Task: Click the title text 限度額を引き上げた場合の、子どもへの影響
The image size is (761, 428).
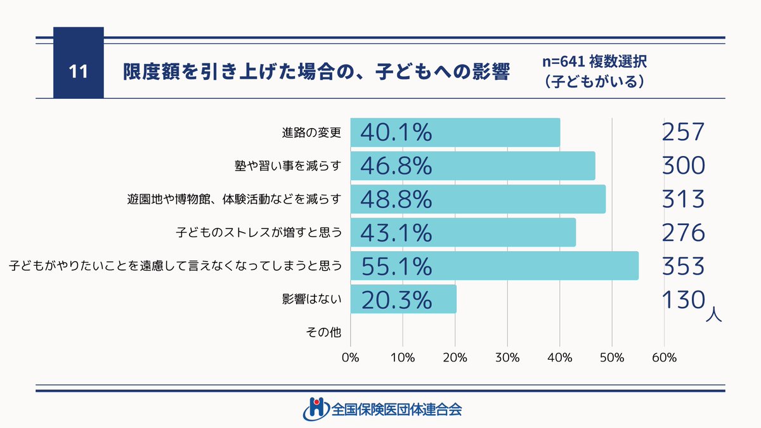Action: click(x=316, y=71)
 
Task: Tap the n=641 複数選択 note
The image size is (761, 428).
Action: click(x=594, y=63)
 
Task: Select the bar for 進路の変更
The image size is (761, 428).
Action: click(x=455, y=133)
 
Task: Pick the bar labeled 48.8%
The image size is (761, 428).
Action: click(x=477, y=199)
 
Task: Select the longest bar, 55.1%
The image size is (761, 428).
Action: click(x=494, y=266)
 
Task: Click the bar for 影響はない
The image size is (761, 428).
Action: click(x=403, y=299)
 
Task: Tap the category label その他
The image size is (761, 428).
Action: click(x=323, y=332)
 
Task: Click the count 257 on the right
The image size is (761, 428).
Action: click(x=682, y=132)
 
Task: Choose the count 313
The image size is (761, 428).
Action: click(x=682, y=198)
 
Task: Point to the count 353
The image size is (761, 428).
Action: click(x=682, y=266)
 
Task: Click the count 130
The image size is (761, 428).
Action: click(x=682, y=298)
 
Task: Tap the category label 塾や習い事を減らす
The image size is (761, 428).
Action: click(x=288, y=166)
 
